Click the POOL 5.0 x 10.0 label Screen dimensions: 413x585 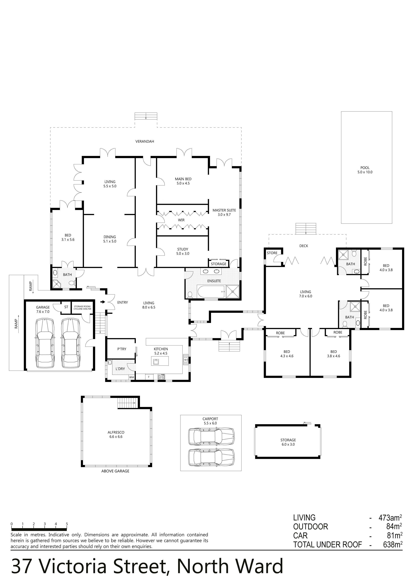coord(365,170)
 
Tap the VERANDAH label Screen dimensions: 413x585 coord(145,141)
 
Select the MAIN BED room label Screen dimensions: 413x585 coord(183,179)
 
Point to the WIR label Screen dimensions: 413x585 coord(181,220)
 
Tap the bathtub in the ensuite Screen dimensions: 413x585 coord(211,291)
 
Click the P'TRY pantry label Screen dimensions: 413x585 coord(122,349)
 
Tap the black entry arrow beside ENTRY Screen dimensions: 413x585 coord(103,302)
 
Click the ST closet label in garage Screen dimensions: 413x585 coord(66,307)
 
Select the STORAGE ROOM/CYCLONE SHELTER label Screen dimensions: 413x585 coord(82,308)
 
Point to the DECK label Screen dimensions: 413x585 coord(304,246)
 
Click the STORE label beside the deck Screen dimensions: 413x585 coord(272,253)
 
